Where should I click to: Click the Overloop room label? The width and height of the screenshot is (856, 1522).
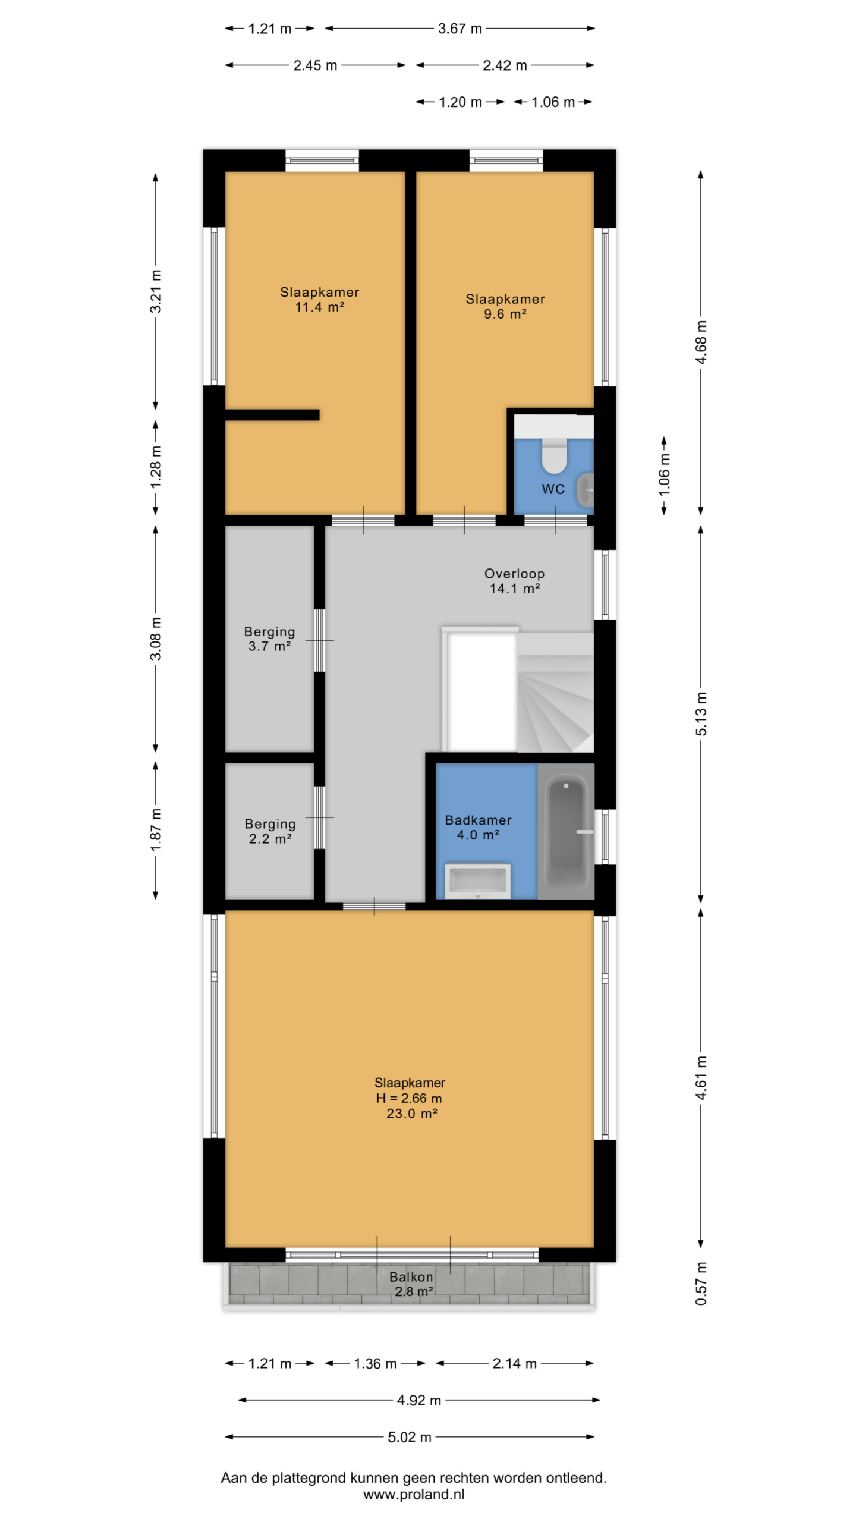coord(514,581)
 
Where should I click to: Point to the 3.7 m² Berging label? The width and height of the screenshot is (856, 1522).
coord(269,639)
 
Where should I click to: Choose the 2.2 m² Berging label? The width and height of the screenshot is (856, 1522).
coord(270,831)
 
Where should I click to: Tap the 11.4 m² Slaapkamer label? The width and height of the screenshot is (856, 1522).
coord(320,299)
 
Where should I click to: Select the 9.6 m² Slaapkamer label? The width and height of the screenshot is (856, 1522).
coord(505,306)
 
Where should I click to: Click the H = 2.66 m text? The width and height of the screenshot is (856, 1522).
coord(409,1098)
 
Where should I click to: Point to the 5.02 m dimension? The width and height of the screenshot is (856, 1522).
coord(409,1437)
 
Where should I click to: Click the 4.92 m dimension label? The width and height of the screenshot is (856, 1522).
coord(419,1400)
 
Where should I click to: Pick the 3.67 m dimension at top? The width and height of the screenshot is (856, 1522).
coord(460,29)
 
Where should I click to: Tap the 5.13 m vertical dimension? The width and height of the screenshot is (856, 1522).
coord(701,714)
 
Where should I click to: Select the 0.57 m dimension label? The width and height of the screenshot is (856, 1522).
coord(701,1284)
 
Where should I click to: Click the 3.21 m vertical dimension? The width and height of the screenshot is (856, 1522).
coord(156,291)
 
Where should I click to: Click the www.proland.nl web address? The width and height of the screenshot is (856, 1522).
coord(414,1494)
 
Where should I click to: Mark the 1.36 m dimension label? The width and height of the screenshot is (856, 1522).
coord(375,1363)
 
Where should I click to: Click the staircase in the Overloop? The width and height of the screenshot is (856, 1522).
coord(555,692)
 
